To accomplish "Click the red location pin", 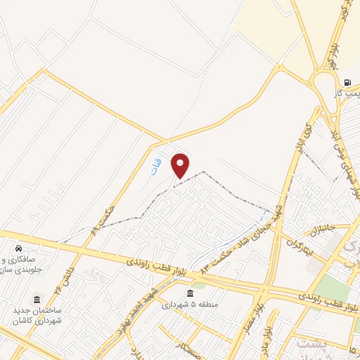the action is (181, 165).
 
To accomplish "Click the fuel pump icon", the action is (347, 82).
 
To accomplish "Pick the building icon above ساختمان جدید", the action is (37, 299).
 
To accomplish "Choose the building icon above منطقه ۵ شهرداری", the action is (189, 292).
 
